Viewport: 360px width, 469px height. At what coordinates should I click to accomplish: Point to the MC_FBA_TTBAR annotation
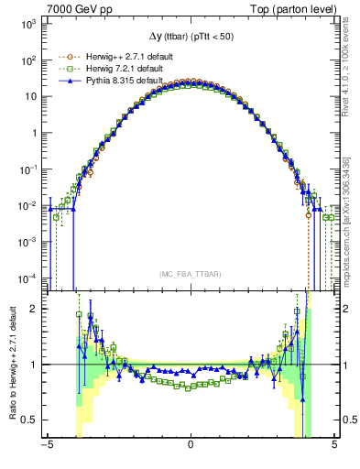190,274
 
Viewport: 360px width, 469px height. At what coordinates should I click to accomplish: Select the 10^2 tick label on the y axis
29,60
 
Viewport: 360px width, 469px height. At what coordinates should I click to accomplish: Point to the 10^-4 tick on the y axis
28,278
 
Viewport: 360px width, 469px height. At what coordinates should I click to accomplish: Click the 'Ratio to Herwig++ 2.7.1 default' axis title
11,363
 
